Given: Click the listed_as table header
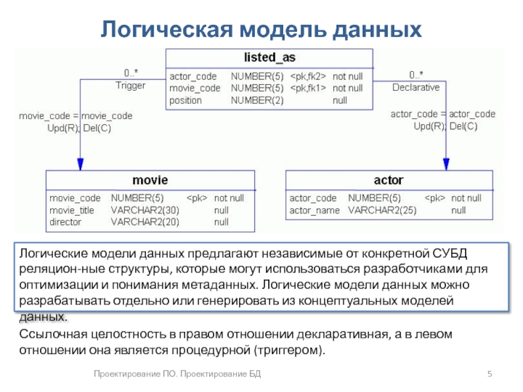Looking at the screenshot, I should tap(269, 58).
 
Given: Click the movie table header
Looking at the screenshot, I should tap(150, 180).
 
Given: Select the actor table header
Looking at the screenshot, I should tap(388, 180).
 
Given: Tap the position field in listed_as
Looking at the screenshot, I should tap(186, 101).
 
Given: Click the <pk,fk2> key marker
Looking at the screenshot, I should tap(308, 76).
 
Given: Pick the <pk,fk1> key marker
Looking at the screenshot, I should tap(308, 88).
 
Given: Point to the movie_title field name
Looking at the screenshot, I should tap(72, 210).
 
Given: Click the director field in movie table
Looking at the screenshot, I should tap(65, 222).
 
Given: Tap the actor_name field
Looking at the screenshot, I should tap(314, 210).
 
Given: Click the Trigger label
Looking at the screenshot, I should tap(131, 86).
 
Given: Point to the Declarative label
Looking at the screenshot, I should tap(416, 87).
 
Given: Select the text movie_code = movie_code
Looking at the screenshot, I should tap(75, 116).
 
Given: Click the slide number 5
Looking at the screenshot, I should tap(489, 373).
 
